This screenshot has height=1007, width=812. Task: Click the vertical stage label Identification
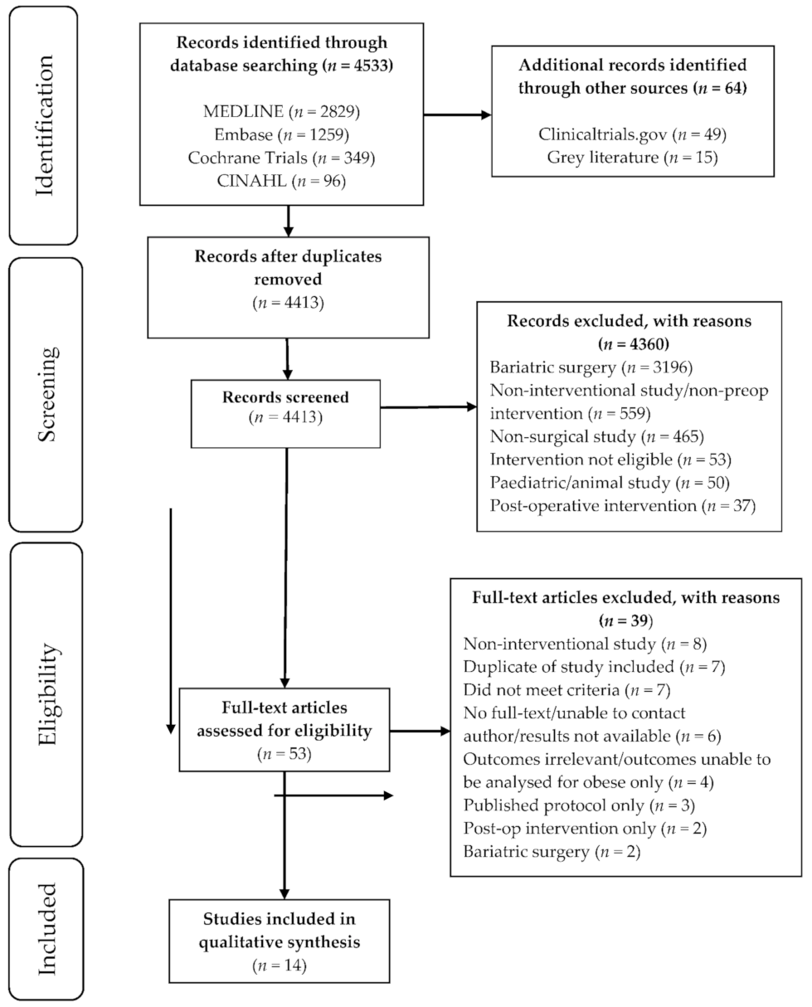coord(45,124)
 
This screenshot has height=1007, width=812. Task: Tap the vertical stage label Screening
coord(45,393)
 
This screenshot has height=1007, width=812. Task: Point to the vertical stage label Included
coord(45,927)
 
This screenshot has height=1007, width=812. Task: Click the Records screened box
coord(285,406)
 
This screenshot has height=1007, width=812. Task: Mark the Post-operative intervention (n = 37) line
coord(622,506)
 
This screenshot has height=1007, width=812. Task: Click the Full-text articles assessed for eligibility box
coord(285,731)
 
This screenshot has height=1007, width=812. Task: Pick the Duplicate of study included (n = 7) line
coord(585,666)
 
